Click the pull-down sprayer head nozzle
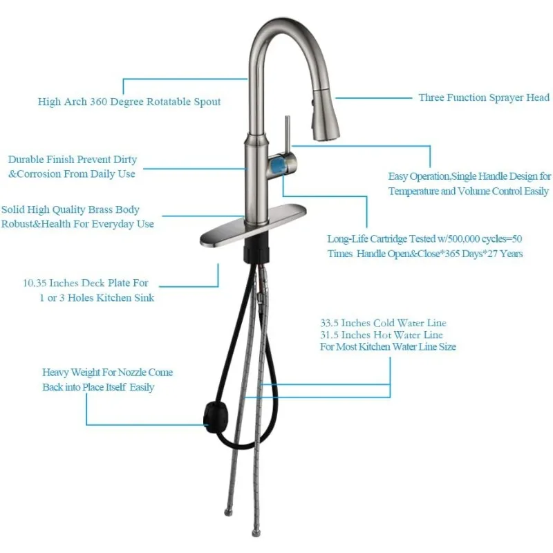(x=325, y=121)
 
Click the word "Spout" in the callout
(x=205, y=102)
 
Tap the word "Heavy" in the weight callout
(x=57, y=372)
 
